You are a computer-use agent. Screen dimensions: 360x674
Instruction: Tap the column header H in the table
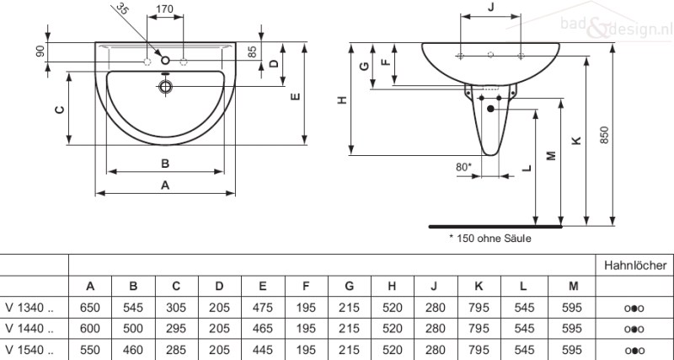tap(393, 287)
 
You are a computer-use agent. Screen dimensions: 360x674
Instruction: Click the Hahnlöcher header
tap(635, 266)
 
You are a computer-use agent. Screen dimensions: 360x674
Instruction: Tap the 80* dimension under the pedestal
tap(463, 167)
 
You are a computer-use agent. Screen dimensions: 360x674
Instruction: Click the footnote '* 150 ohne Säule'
tap(490, 239)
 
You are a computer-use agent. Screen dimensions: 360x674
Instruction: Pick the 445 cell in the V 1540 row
tap(263, 348)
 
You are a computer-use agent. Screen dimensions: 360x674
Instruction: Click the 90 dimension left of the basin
tap(40, 51)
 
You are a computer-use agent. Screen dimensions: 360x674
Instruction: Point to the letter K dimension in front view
tap(575, 141)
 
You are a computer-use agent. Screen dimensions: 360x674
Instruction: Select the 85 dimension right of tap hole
tap(252, 51)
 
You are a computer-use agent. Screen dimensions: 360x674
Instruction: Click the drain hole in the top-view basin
tap(165, 85)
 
